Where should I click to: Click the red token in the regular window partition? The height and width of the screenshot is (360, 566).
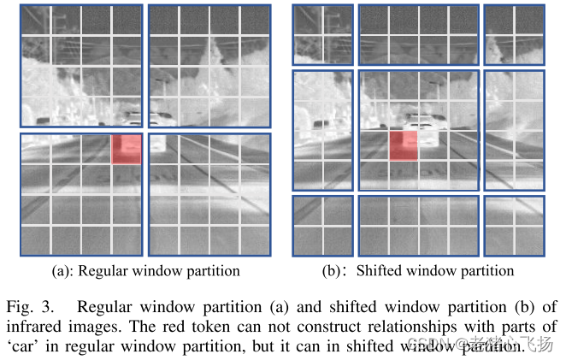(x=125, y=149)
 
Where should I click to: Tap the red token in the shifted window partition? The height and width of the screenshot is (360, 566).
(x=403, y=145)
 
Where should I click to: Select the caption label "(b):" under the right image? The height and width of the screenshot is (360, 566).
(x=331, y=271)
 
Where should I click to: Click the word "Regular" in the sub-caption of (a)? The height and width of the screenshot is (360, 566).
(x=104, y=271)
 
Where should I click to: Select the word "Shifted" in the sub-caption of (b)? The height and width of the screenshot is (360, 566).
(x=378, y=271)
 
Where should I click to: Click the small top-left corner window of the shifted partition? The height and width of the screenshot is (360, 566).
(x=322, y=35)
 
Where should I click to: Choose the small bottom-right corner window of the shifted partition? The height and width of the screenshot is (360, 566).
(x=514, y=226)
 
